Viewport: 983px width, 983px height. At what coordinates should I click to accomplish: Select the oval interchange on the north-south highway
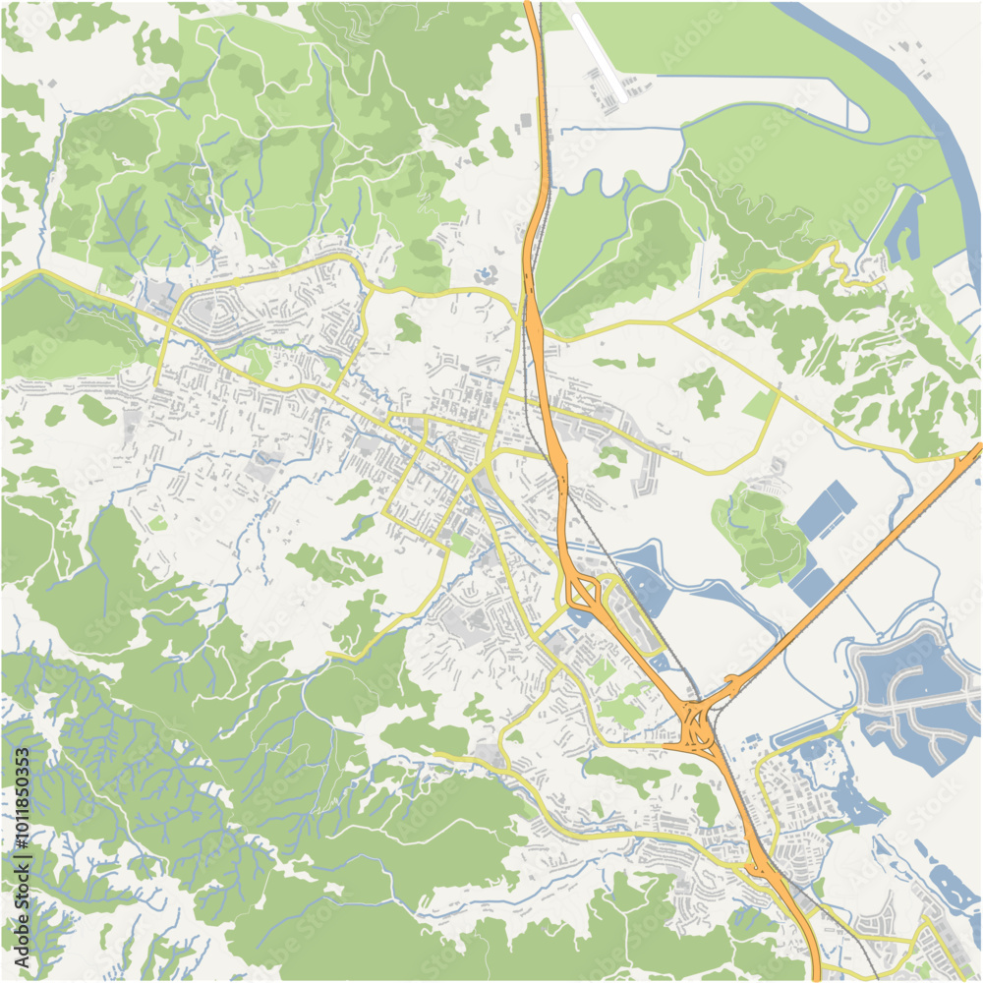point(584,593)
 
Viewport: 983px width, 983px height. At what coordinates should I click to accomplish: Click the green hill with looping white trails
point(762,531)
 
